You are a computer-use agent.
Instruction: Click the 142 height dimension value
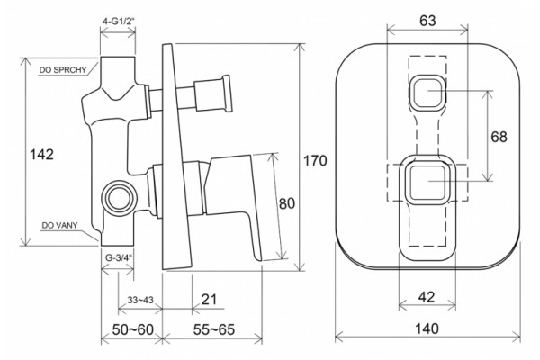42,154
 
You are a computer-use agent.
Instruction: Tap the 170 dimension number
315,160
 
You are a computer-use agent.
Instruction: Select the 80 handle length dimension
287,203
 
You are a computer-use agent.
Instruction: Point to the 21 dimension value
209,300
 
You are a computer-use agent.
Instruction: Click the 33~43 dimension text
140,300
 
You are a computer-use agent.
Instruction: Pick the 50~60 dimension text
133,329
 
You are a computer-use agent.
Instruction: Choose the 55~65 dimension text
214,329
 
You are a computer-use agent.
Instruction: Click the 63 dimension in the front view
427,21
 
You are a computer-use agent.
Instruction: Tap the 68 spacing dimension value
499,137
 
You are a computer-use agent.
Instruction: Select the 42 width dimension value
427,297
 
